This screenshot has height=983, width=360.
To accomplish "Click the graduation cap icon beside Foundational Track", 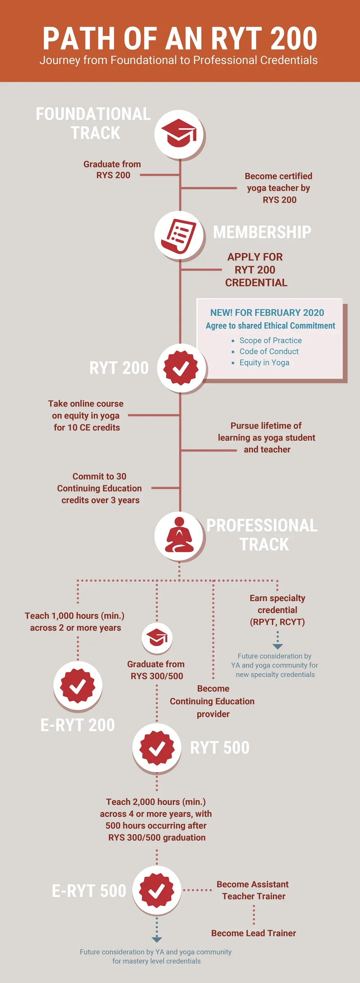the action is tap(179, 134).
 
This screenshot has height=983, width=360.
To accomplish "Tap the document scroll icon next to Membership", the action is tap(179, 235).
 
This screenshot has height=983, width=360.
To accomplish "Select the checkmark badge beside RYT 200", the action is tap(181, 368).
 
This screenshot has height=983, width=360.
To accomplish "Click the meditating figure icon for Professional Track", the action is tap(179, 535).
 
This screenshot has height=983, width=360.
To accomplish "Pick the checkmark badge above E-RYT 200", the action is tap(78, 686).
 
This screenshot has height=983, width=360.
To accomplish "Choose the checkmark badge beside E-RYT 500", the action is tap(157, 891).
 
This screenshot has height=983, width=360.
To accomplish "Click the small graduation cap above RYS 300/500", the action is tap(157, 638).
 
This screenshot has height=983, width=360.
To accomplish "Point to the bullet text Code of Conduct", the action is tap(269, 352).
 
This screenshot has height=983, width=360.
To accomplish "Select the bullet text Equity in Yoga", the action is tap(264, 363).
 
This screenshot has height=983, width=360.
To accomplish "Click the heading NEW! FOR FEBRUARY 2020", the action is tap(267, 313).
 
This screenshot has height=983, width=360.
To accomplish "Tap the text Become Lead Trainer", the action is tap(253, 933).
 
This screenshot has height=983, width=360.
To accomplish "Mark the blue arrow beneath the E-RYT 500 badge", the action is tap(157, 938).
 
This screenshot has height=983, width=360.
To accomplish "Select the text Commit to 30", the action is tap(99, 476).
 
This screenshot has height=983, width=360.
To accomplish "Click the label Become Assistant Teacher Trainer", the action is tap(253, 890).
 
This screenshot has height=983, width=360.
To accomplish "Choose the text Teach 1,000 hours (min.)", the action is tap(75, 616).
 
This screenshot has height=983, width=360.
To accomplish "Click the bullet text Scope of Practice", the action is tap(270, 340).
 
